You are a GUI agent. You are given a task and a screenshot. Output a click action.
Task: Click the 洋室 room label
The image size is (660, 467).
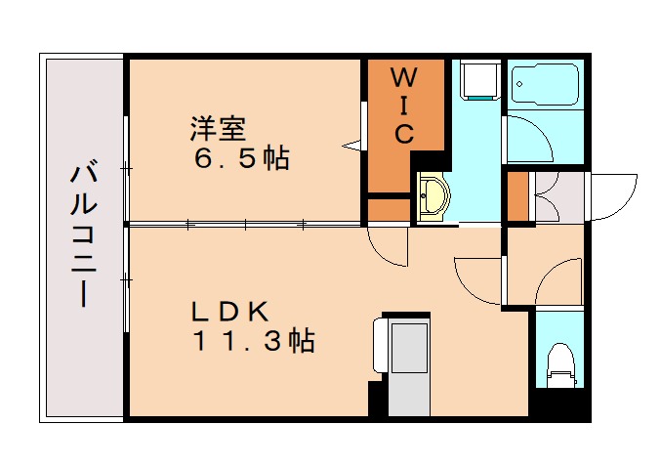click(x=218, y=128)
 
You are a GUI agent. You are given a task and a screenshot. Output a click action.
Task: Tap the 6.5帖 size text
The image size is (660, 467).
click(x=241, y=158)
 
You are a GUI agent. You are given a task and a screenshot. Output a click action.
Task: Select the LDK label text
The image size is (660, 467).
click(x=230, y=312)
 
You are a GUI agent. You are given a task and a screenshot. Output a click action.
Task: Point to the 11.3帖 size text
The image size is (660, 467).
click(x=254, y=341)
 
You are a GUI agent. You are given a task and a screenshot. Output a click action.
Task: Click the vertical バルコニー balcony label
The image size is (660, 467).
click(x=84, y=236)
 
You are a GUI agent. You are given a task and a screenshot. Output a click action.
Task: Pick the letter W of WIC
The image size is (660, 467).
click(x=404, y=77)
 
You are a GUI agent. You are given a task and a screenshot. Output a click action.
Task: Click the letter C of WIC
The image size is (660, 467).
click(x=404, y=134)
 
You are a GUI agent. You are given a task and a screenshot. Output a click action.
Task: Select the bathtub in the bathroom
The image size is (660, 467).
click(x=546, y=84)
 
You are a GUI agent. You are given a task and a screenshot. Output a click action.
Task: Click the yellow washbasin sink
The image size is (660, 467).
click(x=433, y=195)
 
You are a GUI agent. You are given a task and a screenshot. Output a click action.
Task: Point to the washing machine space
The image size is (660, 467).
click(x=480, y=79)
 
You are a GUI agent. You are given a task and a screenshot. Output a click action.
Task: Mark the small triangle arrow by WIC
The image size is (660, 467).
click(x=351, y=146)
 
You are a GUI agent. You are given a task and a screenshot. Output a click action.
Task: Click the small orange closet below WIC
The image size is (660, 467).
click(x=390, y=210)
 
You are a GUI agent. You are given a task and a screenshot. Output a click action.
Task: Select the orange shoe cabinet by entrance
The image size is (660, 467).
click(x=517, y=196)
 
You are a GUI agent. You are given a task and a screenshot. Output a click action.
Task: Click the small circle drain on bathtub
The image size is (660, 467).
click(x=519, y=84)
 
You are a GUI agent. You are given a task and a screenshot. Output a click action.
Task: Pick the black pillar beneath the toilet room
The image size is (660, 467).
click(x=560, y=403)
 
